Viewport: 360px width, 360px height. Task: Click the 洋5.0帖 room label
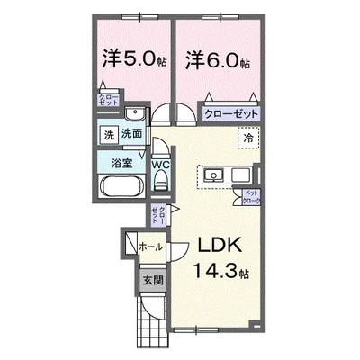[x=132, y=60]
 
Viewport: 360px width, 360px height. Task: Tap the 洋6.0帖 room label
[x=218, y=60]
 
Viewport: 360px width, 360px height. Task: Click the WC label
[x=161, y=165]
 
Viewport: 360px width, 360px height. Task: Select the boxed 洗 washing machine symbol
[x=105, y=135]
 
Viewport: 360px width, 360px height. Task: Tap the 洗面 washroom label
[x=131, y=135]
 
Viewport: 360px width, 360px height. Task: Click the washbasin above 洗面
[x=133, y=114]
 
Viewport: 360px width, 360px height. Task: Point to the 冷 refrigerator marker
[x=247, y=138]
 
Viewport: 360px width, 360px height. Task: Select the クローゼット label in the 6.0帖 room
[x=230, y=114]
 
